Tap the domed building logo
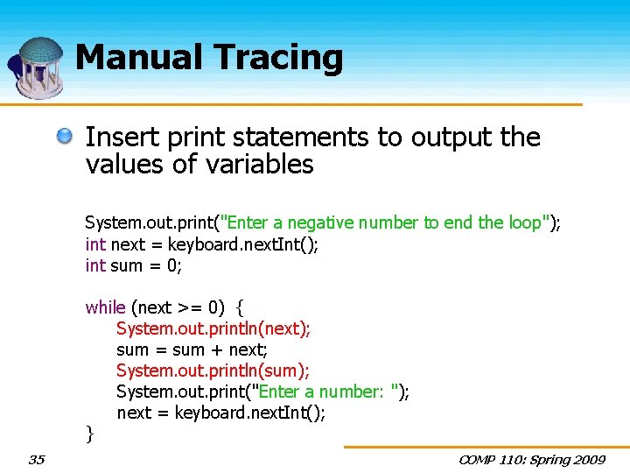point(38,67)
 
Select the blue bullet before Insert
point(66,136)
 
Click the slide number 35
point(37,459)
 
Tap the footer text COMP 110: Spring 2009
point(533,459)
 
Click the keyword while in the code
point(105,307)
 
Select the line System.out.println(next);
point(213,328)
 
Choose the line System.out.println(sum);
point(213,371)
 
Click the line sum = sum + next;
point(192,349)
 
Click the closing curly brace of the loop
point(89,432)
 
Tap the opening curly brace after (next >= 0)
point(241,307)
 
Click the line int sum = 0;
point(133,265)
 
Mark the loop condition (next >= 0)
point(178,307)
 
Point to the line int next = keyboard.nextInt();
point(202,244)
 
